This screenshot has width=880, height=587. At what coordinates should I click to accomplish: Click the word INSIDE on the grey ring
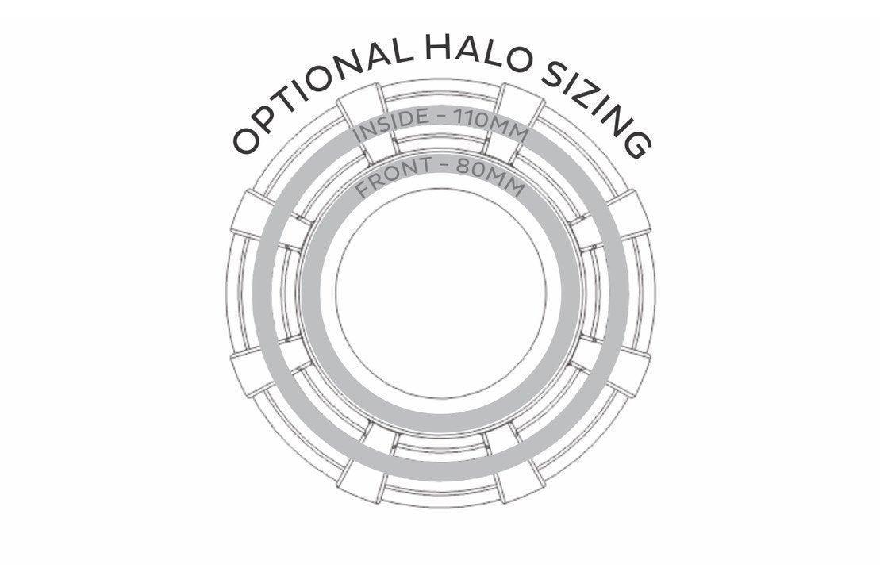pyautogui.click(x=388, y=127)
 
